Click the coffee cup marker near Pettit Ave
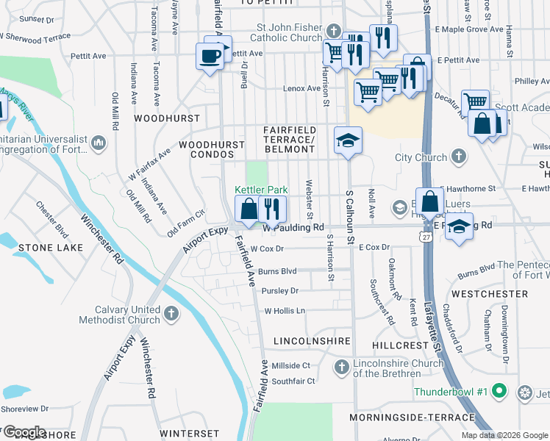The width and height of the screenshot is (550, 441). tap(210, 56)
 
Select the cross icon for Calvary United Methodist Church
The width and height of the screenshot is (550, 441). tap(171, 315)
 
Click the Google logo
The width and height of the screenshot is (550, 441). tap(24, 431)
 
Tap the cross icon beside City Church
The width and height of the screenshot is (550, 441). tap(459, 157)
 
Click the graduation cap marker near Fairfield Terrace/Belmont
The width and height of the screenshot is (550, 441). tap(348, 140)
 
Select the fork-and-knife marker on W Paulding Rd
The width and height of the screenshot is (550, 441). tap(272, 208)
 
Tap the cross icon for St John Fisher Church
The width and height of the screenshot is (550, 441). tap(334, 31)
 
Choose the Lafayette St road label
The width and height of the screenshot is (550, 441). tap(437, 323)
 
